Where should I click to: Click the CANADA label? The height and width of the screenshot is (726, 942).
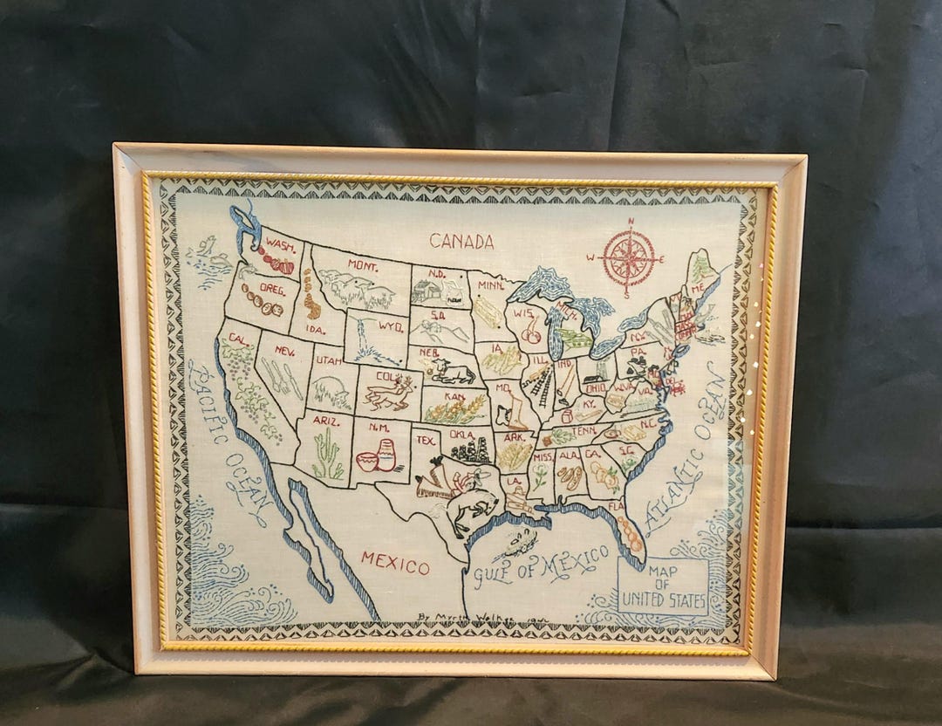(x=461, y=242)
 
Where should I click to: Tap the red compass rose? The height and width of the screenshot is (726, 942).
(x=629, y=258)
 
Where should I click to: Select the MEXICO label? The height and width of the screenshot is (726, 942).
(x=395, y=561)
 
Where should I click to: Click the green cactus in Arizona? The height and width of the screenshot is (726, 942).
(x=326, y=457)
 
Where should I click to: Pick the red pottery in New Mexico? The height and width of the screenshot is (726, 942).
(x=377, y=456)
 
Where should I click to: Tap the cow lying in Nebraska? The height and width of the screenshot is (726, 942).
(x=452, y=373)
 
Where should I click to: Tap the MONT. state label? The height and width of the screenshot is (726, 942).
(x=361, y=264)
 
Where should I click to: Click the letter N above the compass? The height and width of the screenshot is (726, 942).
(x=630, y=223)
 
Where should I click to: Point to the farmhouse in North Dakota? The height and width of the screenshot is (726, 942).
(x=427, y=291)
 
